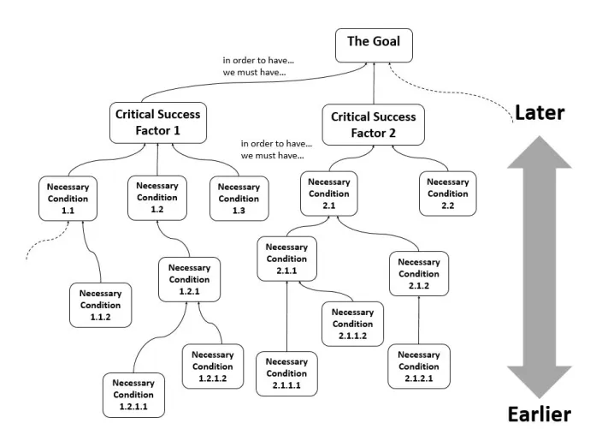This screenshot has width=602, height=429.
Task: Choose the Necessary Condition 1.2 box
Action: pyautogui.click(x=157, y=197)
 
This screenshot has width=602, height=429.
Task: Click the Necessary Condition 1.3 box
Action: pyautogui.click(x=239, y=198)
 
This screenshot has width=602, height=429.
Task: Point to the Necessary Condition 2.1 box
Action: pyautogui.click(x=328, y=193)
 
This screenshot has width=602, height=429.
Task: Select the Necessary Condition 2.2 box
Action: pyautogui.click(x=448, y=194)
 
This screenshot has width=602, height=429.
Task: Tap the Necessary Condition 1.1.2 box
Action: pyautogui.click(x=101, y=305)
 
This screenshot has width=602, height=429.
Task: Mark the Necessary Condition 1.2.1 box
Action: pyautogui.click(x=189, y=278)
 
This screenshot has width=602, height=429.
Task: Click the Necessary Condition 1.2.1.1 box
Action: pyautogui.click(x=133, y=395)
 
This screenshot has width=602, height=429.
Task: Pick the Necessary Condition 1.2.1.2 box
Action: pyautogui.click(x=213, y=366)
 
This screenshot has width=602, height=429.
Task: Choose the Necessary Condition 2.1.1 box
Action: pyautogui.click(x=286, y=258)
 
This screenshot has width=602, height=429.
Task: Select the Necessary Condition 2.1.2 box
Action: pyautogui.click(x=419, y=274)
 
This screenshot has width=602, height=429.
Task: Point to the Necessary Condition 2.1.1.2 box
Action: pyautogui.click(x=352, y=324)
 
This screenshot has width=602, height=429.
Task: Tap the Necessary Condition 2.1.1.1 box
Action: pyautogui.click(x=286, y=373)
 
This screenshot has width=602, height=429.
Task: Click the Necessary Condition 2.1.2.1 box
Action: pyautogui.click(x=419, y=366)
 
